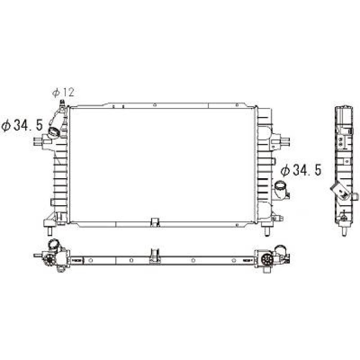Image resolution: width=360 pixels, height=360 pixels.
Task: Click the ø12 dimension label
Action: [63, 93]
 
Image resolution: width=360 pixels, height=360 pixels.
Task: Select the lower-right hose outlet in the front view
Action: [281, 189]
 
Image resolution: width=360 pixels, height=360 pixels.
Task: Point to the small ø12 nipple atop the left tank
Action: [62, 103]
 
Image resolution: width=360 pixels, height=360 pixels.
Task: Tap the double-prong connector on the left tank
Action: [38, 141]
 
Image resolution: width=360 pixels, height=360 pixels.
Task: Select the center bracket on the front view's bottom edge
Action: [155, 222]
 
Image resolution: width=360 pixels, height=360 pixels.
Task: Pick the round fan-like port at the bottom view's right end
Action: [266, 259]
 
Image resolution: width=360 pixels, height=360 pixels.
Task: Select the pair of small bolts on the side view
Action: [341, 141]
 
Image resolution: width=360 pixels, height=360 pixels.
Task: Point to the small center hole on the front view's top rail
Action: [154, 105]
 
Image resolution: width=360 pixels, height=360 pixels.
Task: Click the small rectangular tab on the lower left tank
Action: [53, 203]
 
